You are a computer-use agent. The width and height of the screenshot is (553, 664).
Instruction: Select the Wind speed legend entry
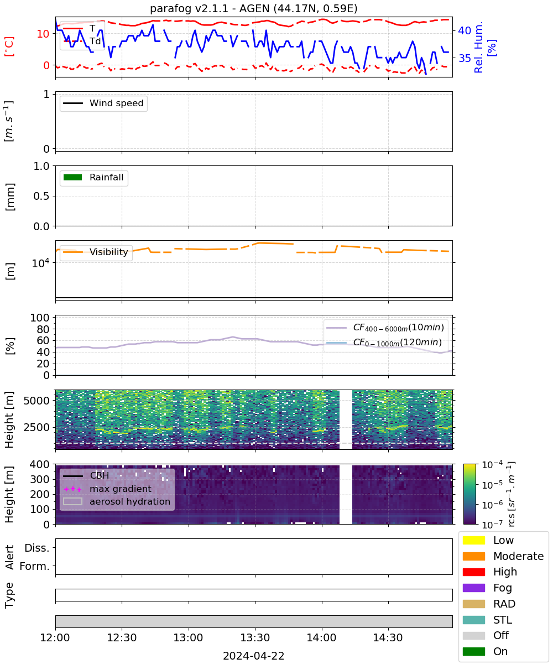click(x=103, y=103)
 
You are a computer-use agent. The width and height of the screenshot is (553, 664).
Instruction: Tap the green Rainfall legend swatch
click(x=73, y=177)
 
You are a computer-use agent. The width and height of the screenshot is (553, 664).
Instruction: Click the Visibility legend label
click(x=109, y=252)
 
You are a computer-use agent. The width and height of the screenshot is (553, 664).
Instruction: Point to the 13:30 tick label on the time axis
click(x=255, y=637)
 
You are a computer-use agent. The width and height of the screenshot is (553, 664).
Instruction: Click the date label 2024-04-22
click(x=253, y=656)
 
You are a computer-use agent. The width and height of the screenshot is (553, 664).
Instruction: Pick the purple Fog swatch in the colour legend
click(x=473, y=588)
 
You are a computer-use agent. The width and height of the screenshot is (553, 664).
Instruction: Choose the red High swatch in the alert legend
click(x=473, y=572)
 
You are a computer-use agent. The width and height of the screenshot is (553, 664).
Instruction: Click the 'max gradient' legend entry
click(x=108, y=489)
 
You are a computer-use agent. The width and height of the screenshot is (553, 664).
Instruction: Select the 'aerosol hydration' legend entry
click(x=117, y=501)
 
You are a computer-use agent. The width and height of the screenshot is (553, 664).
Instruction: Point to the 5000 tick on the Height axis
click(x=36, y=401)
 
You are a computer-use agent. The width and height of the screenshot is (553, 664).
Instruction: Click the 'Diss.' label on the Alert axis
click(x=37, y=548)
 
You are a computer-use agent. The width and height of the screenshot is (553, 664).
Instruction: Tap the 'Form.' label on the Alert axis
click(x=35, y=566)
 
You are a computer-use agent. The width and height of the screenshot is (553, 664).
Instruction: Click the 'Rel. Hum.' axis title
click(x=478, y=47)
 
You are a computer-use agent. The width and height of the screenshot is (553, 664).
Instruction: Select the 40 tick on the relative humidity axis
click(x=465, y=30)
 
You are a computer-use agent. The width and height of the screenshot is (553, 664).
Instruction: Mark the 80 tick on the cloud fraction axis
click(x=43, y=329)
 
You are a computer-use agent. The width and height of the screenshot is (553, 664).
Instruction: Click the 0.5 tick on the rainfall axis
click(x=41, y=196)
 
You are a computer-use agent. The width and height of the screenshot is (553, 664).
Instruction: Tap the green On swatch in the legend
click(x=473, y=651)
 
